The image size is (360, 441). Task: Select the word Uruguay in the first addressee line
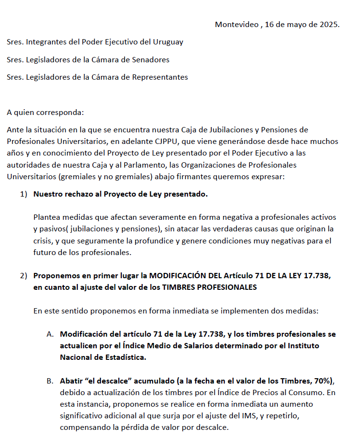pos(168,42)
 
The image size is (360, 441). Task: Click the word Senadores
pos(152,59)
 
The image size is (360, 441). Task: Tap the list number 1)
pos(24,194)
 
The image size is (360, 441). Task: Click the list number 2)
pos(24,276)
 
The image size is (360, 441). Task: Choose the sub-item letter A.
pos(50,334)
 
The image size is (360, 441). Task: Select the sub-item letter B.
pos(50,381)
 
